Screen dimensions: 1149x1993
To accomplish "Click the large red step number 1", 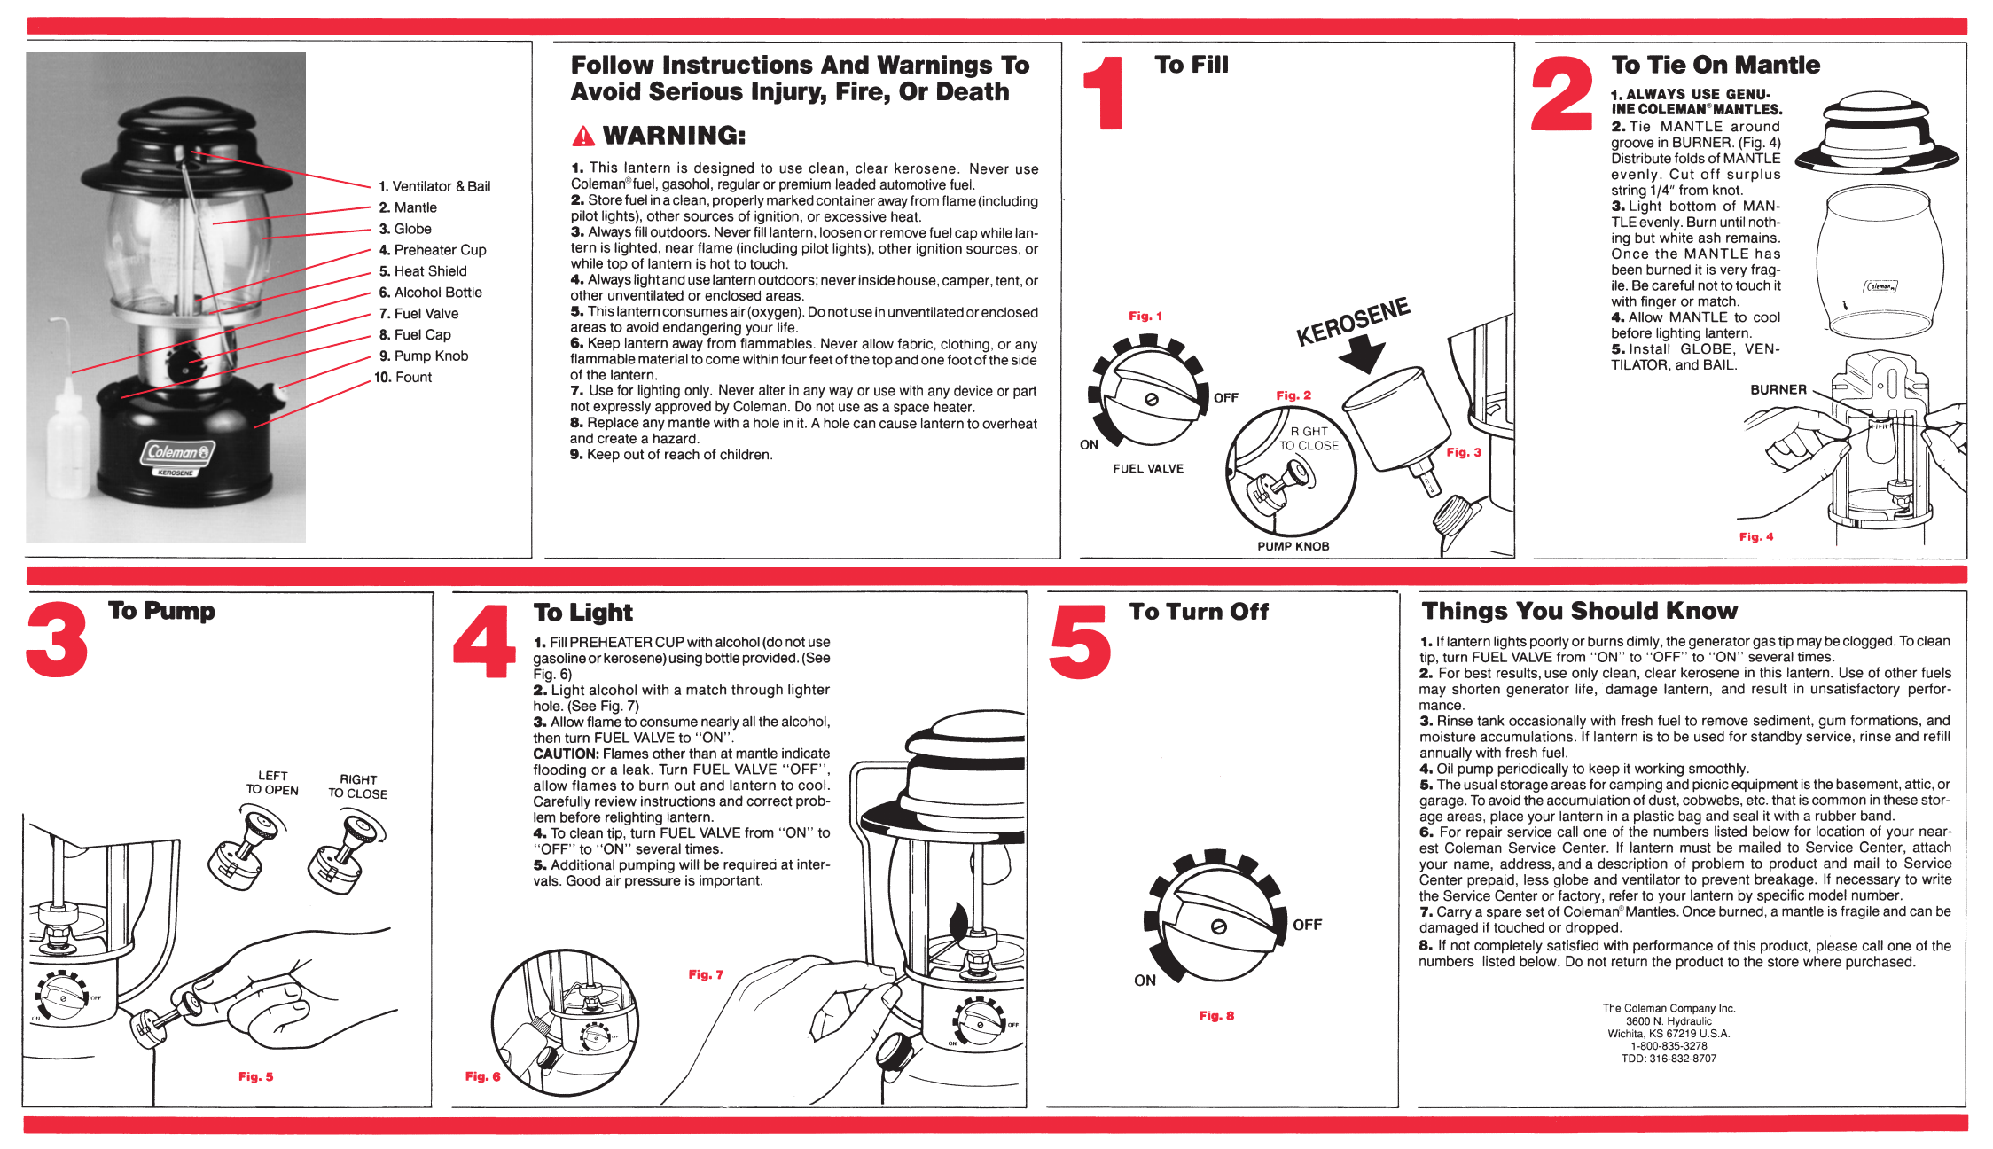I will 1106,93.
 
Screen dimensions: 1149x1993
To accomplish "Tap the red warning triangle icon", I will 583,137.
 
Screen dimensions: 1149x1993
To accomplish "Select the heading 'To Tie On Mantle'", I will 1716,65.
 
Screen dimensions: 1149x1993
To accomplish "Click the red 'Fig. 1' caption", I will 1145,317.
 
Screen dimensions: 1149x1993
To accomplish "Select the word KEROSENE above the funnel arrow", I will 1353,322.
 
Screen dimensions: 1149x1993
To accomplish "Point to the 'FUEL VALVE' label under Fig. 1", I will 1148,469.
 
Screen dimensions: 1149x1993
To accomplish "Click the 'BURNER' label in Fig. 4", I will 1778,390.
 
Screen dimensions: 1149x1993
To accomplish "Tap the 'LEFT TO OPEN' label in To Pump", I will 272,783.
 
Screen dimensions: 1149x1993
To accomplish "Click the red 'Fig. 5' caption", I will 255,1077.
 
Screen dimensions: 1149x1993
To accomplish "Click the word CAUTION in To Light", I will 566,754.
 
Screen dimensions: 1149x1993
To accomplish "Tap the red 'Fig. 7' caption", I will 706,975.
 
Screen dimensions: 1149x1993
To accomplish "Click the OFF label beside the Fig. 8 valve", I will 1307,926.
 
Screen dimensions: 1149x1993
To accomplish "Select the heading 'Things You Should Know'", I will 1579,611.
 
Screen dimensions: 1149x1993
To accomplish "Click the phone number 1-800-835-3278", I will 1669,1046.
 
